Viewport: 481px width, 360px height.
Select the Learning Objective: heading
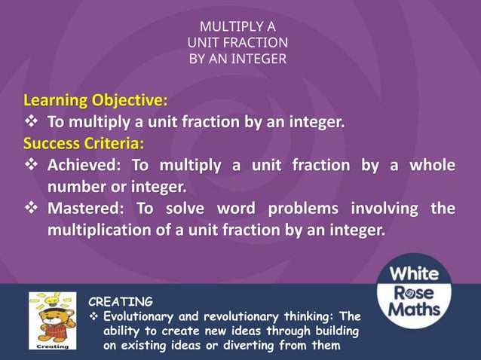[x=96, y=100]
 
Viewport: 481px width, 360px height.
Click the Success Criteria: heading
[x=84, y=142]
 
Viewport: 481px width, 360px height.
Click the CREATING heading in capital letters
[x=121, y=302]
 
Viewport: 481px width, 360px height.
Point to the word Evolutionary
[x=142, y=317]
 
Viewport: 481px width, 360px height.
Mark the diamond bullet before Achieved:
[x=31, y=165]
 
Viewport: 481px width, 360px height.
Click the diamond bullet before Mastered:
[x=31, y=208]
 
